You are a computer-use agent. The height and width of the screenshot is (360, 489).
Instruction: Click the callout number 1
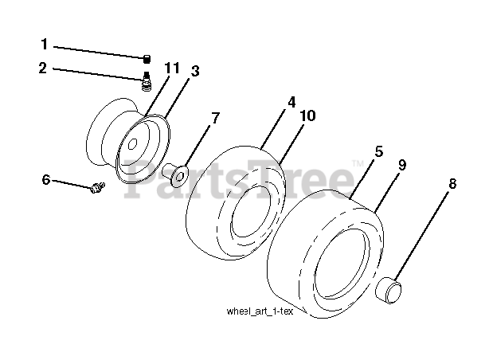[x=44, y=45]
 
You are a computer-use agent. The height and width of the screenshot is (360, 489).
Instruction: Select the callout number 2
[x=44, y=68]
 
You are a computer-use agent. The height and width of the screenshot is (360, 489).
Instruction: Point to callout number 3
[x=194, y=71]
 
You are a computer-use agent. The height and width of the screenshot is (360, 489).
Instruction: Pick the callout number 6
[x=47, y=180]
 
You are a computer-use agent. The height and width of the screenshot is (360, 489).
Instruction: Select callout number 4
[x=291, y=102]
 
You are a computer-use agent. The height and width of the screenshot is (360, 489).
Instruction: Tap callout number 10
[x=307, y=116]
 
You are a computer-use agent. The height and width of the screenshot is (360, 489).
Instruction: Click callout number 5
[x=379, y=151]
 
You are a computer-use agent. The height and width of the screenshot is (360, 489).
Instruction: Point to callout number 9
[x=402, y=165]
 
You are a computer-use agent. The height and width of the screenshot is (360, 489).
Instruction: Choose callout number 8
[x=452, y=183]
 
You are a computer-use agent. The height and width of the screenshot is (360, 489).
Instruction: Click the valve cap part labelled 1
[x=147, y=57]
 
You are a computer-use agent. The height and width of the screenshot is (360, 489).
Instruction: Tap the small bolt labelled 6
[x=96, y=188]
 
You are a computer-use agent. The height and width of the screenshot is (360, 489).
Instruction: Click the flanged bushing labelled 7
[x=176, y=170]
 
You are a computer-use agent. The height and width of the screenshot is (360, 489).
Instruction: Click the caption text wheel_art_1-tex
[x=260, y=311]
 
